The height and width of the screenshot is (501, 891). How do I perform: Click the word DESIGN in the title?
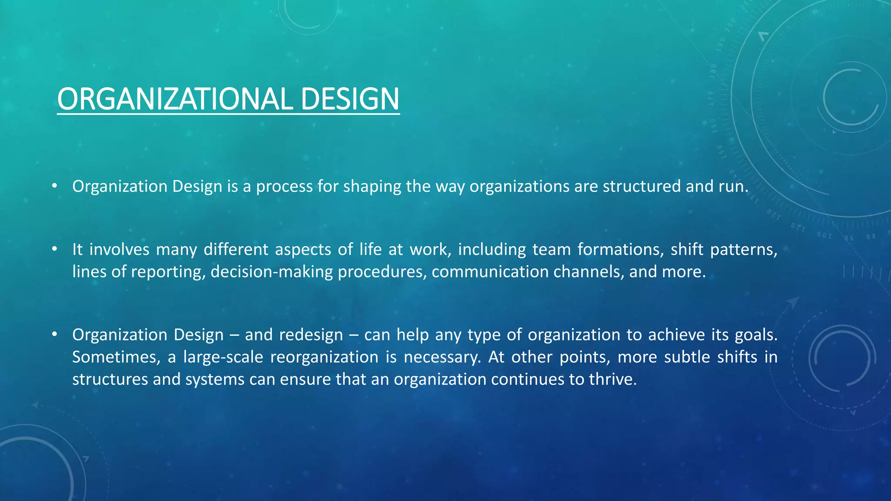coord(349,99)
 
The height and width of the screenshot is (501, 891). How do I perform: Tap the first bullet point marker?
coord(54,186)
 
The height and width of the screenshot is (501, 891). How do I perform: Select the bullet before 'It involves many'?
coord(54,249)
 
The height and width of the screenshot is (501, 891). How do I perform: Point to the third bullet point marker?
coord(54,334)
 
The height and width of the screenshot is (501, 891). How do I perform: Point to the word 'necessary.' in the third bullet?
coord(442,357)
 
